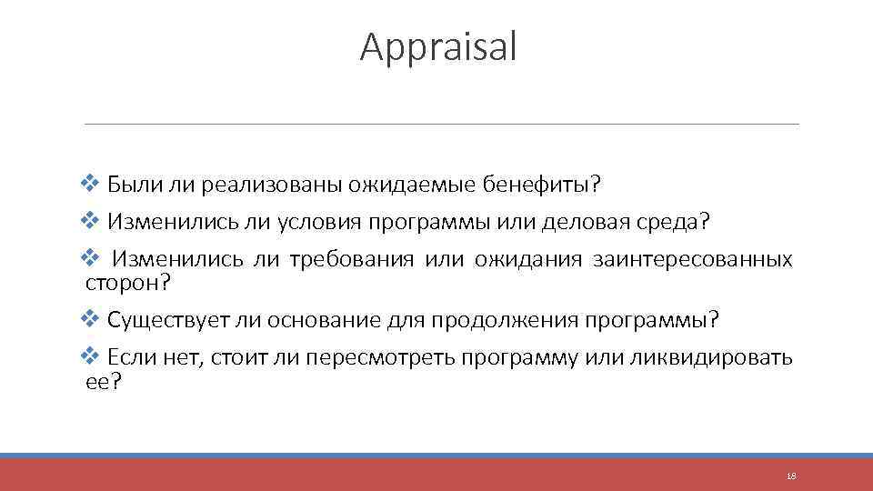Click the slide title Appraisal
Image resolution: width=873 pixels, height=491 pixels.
pyautogui.click(x=438, y=47)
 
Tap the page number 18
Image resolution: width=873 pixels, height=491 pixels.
pyautogui.click(x=790, y=476)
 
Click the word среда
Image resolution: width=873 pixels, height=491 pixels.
pyautogui.click(x=676, y=222)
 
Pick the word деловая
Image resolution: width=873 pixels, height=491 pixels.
pyautogui.click(x=587, y=222)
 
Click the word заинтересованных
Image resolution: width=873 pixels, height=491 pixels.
pyautogui.click(x=692, y=260)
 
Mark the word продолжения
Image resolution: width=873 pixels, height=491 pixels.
pyautogui.click(x=504, y=320)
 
